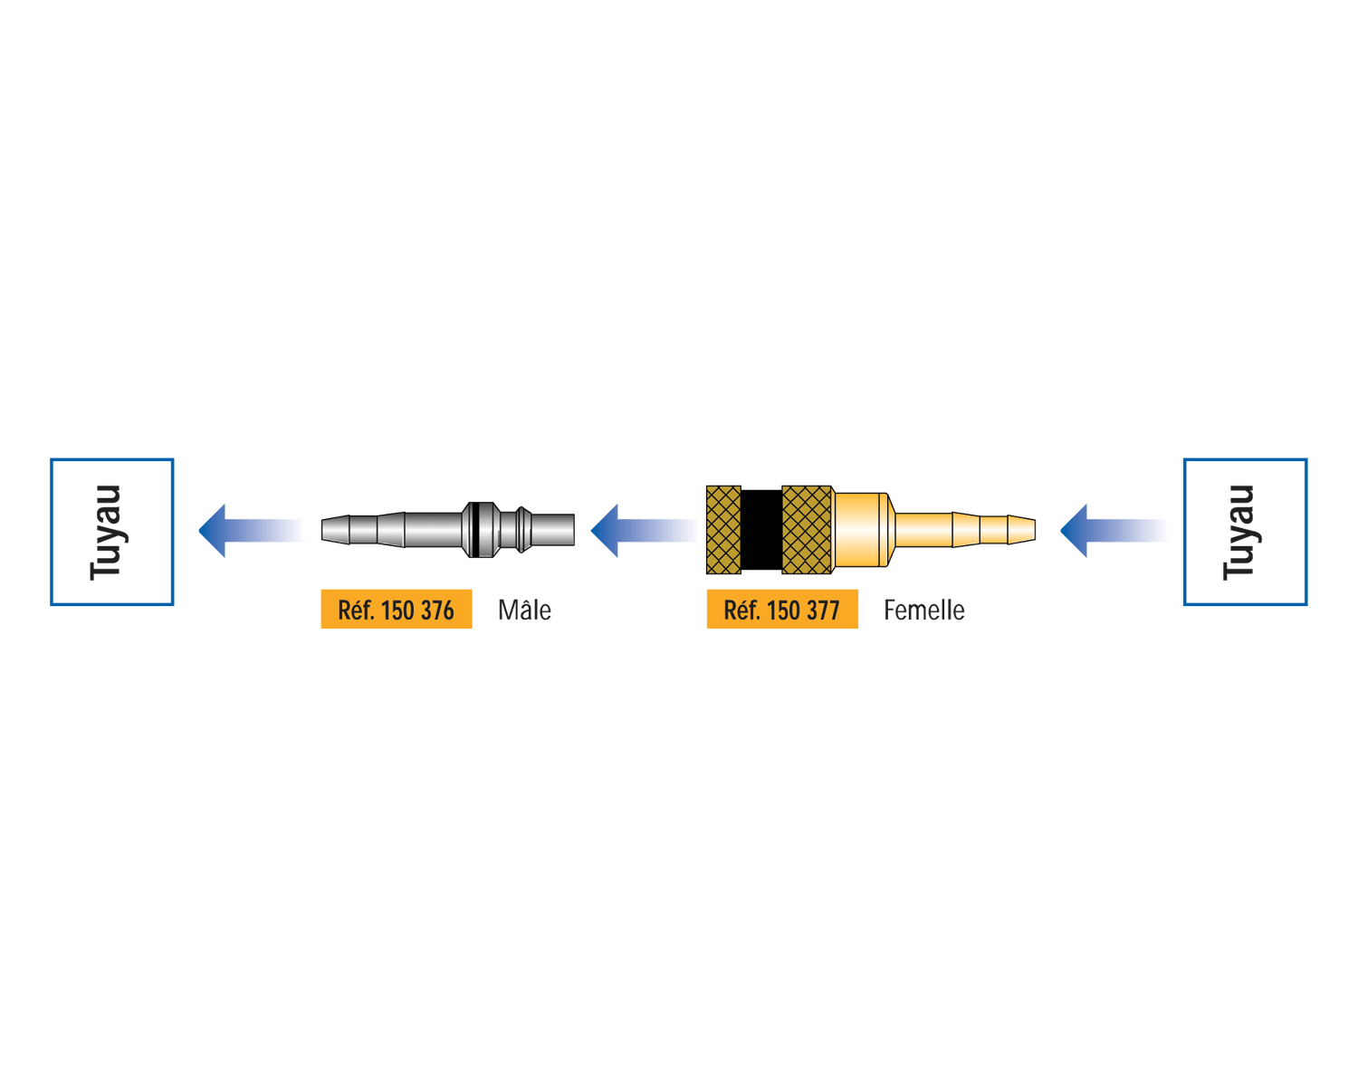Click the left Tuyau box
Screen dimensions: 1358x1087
112,459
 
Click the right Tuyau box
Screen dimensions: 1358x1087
1245,459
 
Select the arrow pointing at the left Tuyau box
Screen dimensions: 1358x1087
253,531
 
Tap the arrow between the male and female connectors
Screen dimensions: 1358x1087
645,531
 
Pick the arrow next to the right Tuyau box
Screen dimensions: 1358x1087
1114,531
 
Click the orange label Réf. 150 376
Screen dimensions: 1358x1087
397,609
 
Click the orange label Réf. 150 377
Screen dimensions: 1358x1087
782,609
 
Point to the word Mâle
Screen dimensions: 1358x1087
524,610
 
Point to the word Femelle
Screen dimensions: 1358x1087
923,611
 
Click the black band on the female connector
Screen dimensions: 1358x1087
761,530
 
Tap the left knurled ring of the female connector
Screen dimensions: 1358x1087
723,530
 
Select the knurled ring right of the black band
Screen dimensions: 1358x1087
807,530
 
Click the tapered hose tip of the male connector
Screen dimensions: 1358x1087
363,530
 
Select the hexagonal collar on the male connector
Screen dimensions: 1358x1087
481,530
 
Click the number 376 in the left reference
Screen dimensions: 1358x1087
437,611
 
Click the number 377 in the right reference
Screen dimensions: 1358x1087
824,611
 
